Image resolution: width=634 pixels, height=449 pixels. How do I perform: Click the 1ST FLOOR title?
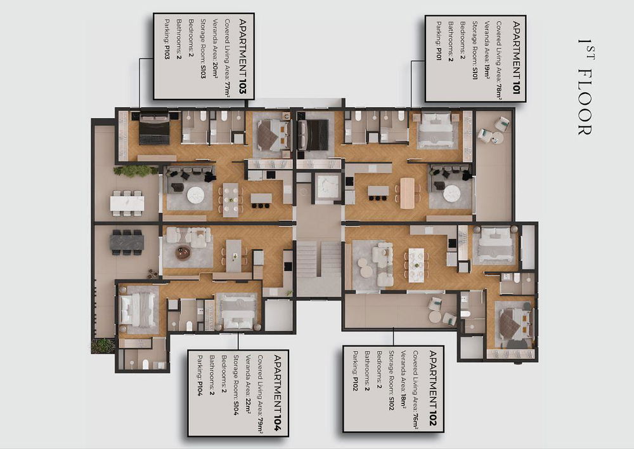585,86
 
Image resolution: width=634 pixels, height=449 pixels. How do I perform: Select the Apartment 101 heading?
516,58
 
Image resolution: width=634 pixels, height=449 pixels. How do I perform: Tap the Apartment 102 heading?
432,388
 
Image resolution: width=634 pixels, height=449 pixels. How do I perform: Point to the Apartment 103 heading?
243,57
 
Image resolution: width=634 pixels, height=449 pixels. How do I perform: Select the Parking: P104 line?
200,375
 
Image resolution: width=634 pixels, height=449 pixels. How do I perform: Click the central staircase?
319,260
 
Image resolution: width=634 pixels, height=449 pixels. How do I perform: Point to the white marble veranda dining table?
127,203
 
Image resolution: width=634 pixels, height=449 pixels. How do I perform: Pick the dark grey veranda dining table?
127,243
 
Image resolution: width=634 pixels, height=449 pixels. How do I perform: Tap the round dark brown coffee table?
183,253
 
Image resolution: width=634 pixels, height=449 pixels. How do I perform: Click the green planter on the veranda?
136,171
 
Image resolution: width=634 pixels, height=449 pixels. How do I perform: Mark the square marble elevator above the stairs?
328,187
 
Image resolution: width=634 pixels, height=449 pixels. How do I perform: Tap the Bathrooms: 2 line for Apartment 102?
366,370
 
